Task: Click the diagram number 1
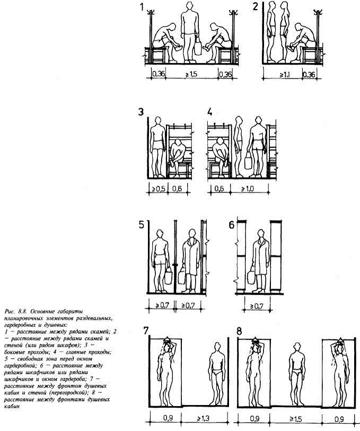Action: point(142,7)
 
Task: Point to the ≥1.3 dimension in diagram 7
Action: point(204,418)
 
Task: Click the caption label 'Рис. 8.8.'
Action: point(13,310)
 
